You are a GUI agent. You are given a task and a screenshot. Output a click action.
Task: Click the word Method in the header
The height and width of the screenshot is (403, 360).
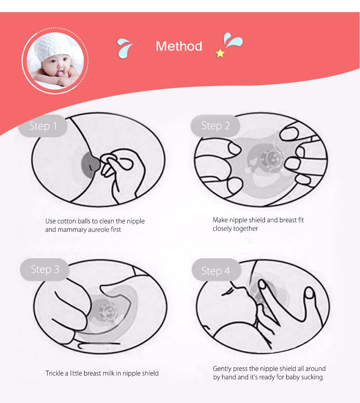click(x=179, y=46)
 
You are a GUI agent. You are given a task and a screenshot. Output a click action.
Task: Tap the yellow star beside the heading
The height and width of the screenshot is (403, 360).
click(x=220, y=53)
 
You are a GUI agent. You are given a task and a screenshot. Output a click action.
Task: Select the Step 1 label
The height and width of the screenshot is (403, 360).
click(x=43, y=126)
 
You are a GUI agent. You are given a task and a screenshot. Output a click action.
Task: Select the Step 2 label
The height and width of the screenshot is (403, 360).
click(x=216, y=126)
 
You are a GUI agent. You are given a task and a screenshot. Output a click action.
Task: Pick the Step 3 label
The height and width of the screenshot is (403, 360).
click(x=45, y=270)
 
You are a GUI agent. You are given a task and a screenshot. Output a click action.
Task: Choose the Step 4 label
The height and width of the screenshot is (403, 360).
click(x=216, y=271)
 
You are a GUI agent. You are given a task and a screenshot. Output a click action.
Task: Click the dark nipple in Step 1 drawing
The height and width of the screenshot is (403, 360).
click(x=90, y=164)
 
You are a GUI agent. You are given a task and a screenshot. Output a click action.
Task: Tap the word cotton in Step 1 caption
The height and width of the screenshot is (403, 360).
click(x=67, y=221)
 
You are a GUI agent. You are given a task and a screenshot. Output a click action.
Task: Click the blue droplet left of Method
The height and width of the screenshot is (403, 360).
click(x=125, y=48)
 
